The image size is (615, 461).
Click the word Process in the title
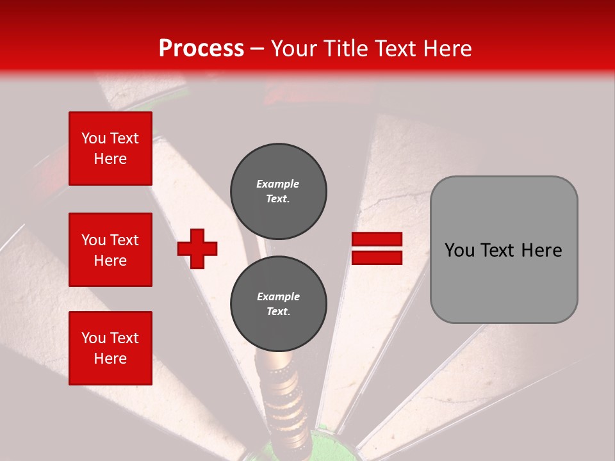(x=201, y=49)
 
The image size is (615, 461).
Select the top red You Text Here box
(x=110, y=149)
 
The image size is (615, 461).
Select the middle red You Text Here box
(x=110, y=250)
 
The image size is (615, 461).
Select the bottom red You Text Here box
(x=110, y=348)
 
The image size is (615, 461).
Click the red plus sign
(x=197, y=248)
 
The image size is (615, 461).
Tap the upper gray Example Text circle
(x=279, y=191)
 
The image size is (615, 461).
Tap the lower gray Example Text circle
(x=279, y=303)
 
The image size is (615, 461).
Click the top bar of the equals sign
(x=377, y=239)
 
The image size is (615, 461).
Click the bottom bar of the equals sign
(x=377, y=258)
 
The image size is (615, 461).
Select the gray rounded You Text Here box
(x=504, y=250)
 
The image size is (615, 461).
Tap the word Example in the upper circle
(x=278, y=184)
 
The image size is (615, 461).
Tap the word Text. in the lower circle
(x=278, y=312)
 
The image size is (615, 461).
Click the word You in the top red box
(x=94, y=138)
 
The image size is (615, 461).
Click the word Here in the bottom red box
(x=110, y=359)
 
